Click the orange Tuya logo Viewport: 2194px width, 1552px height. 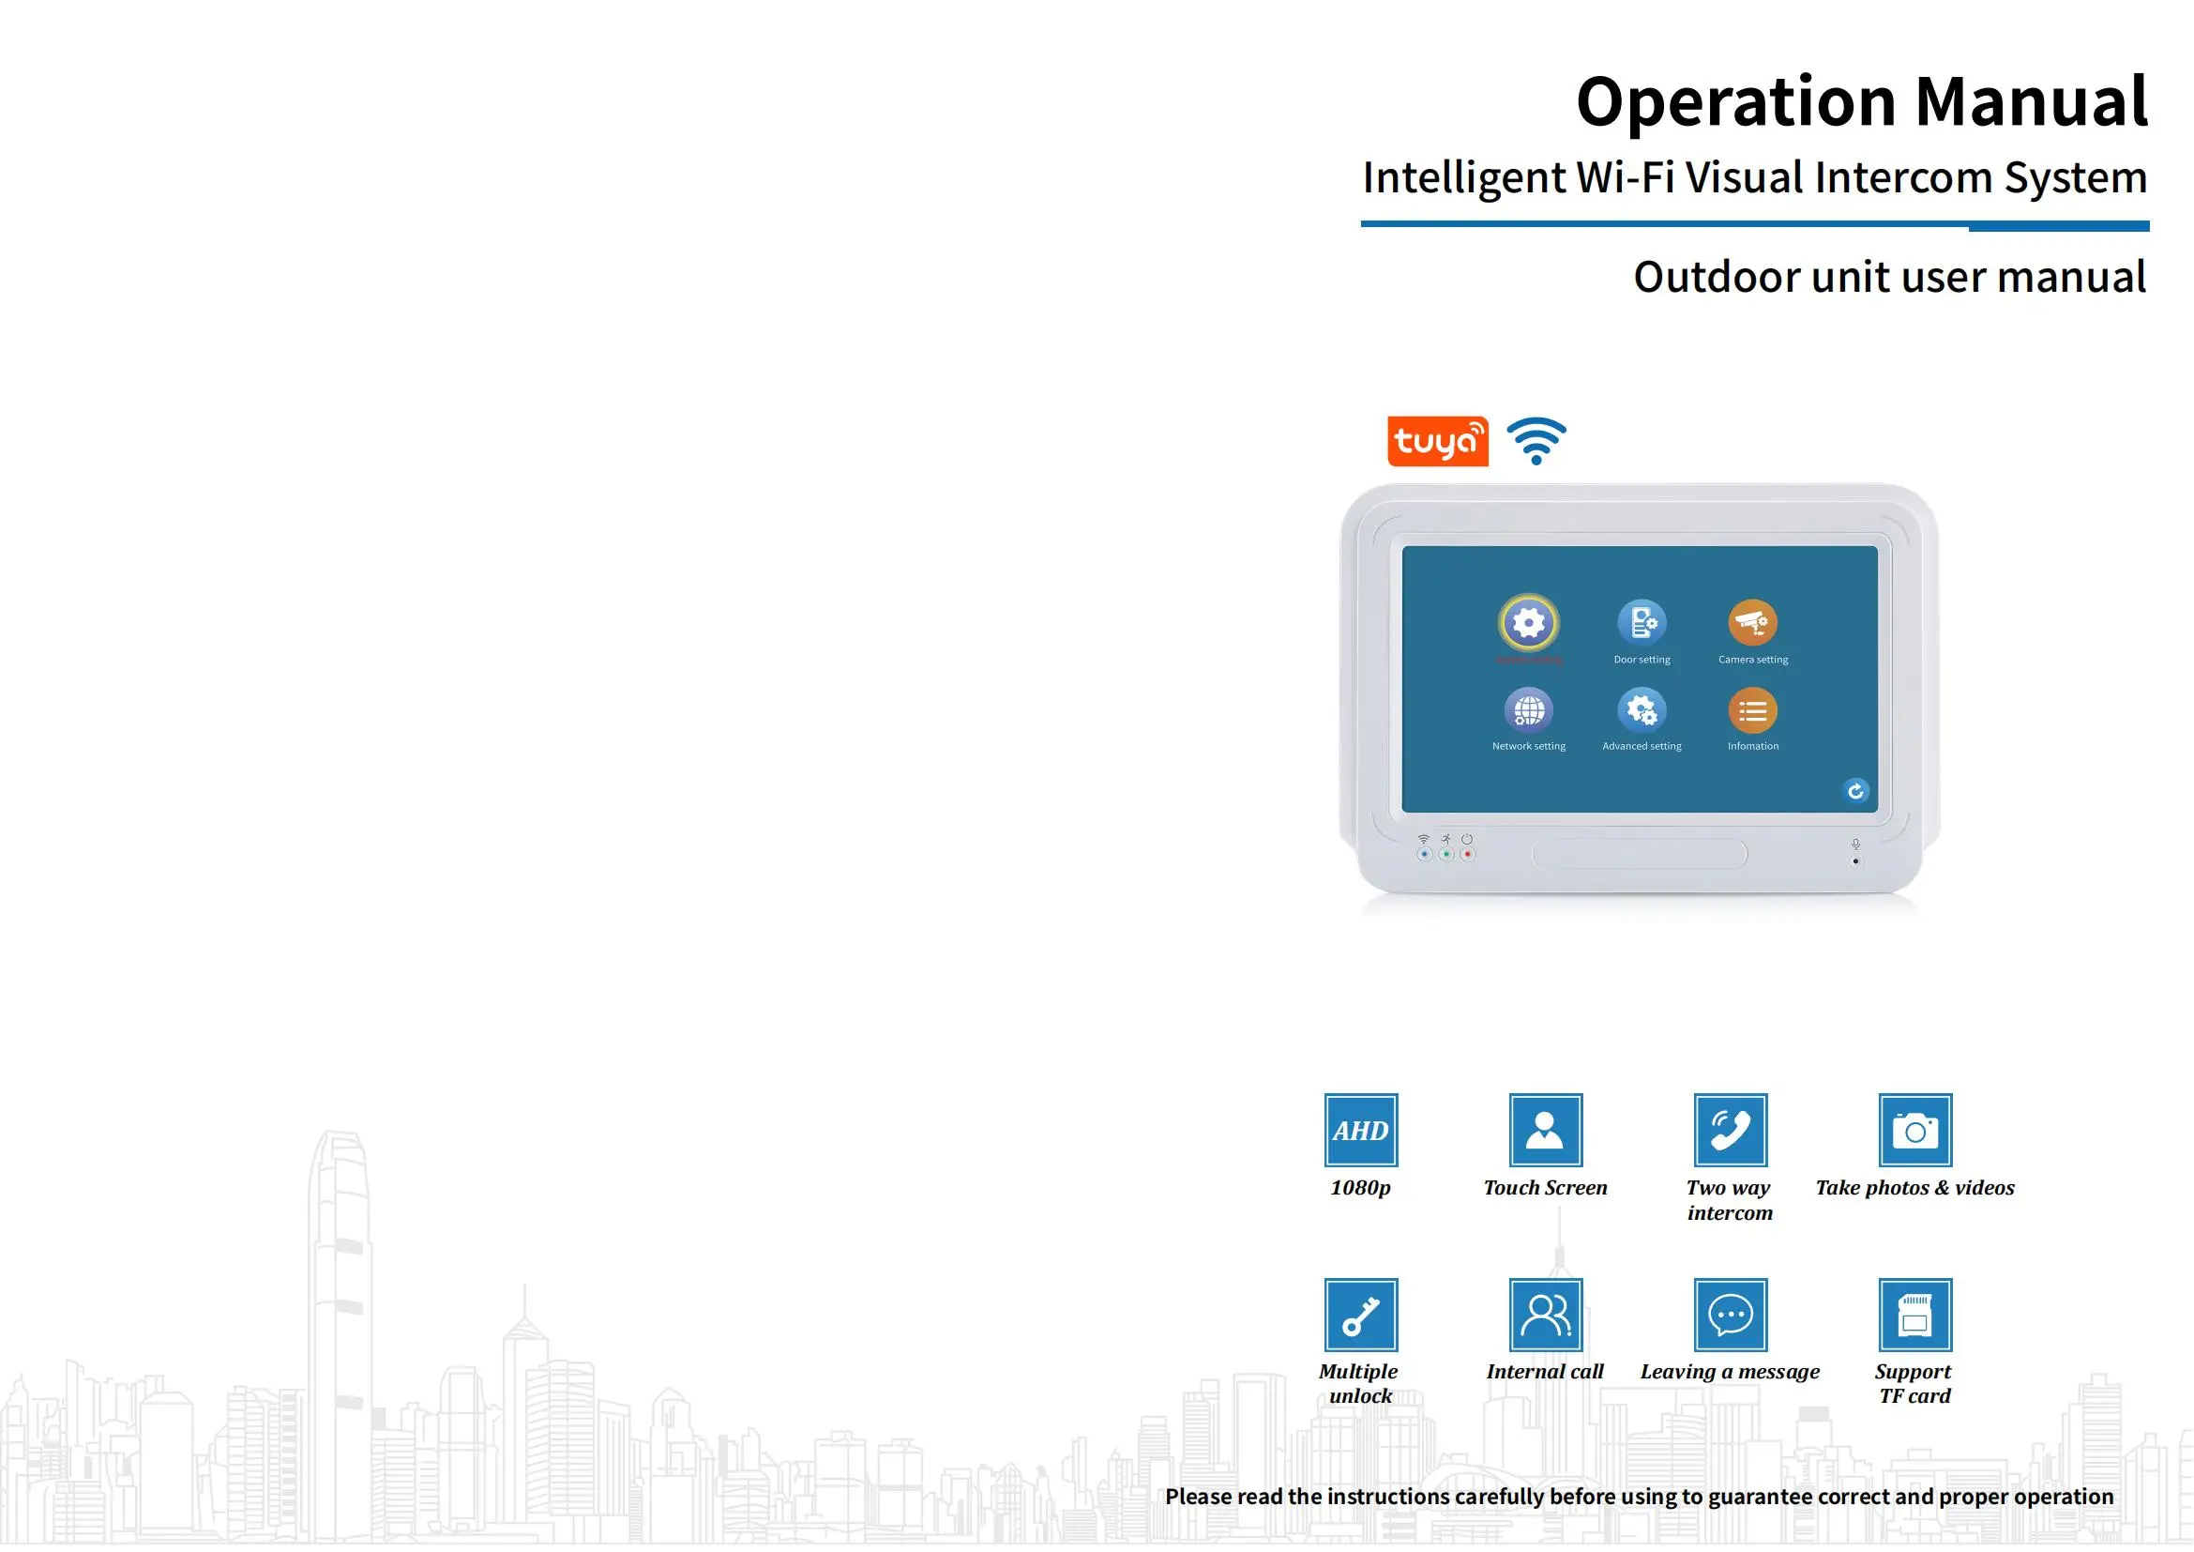[1437, 442]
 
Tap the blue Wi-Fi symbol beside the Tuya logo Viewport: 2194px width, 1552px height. [1536, 441]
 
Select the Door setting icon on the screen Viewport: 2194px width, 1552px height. [1642, 622]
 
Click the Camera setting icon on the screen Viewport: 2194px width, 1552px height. [1752, 622]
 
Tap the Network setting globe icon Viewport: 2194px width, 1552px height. [1529, 710]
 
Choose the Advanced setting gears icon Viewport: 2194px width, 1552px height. [1642, 710]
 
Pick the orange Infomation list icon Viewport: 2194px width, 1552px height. [1752, 711]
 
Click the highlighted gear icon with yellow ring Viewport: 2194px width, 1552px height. [1529, 623]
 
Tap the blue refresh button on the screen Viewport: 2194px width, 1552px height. [1854, 790]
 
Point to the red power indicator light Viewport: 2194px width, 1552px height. [1468, 855]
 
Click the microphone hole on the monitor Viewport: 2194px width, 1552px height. [1855, 861]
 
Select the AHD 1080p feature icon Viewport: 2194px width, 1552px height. [1361, 1130]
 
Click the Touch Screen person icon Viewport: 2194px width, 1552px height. [1545, 1130]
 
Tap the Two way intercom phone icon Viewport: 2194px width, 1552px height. [1730, 1130]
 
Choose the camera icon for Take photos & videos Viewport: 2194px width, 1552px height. [1915, 1130]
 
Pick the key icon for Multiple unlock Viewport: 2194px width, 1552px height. [1361, 1314]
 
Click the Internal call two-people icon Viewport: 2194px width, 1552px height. [1545, 1314]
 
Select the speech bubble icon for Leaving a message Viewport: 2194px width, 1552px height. [1730, 1314]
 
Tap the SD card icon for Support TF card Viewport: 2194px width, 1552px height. [1915, 1314]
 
